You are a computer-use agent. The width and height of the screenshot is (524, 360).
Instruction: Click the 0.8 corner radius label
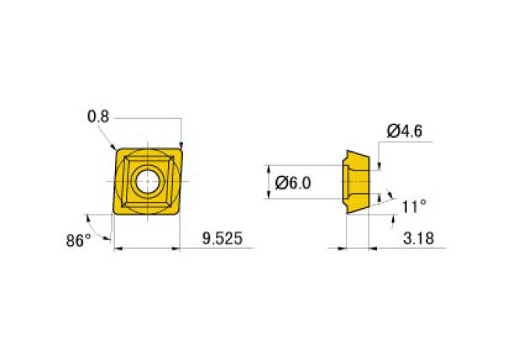tap(98, 117)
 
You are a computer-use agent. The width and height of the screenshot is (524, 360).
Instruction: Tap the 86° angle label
tap(78, 240)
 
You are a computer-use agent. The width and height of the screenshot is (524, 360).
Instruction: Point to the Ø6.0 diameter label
tap(294, 183)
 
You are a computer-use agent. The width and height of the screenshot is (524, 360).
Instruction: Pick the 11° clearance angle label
tap(414, 207)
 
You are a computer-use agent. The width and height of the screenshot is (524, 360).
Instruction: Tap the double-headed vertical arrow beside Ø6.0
tap(268, 182)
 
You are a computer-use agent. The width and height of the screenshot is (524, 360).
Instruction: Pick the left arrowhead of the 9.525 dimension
tap(118, 250)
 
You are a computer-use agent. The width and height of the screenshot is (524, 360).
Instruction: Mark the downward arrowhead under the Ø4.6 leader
tap(380, 165)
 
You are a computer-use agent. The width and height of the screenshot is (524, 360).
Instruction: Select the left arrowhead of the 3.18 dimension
tap(342, 250)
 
